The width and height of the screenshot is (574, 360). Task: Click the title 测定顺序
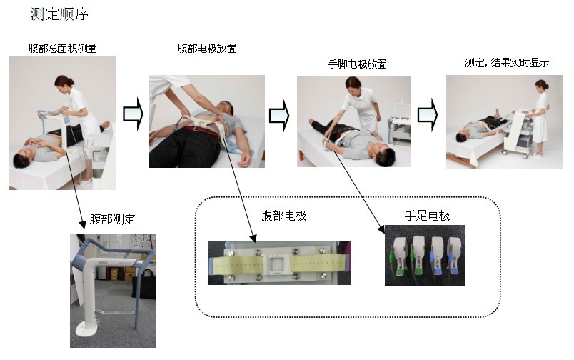pyautogui.click(x=59, y=14)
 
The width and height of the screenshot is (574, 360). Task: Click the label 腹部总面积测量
pyautogui.click(x=62, y=48)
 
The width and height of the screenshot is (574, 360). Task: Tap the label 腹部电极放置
pyautogui.click(x=207, y=48)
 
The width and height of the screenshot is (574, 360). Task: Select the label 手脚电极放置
pyautogui.click(x=357, y=64)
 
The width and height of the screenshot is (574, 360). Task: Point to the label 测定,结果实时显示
pyautogui.click(x=507, y=63)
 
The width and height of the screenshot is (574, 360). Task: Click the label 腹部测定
pyautogui.click(x=112, y=219)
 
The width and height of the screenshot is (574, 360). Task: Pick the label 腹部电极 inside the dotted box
pyautogui.click(x=283, y=216)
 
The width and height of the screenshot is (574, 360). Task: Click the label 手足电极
pyautogui.click(x=427, y=215)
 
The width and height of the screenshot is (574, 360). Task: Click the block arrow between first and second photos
pyautogui.click(x=133, y=114)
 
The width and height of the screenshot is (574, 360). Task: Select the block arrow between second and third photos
pyautogui.click(x=279, y=115)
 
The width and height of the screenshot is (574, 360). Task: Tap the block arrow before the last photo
pyautogui.click(x=428, y=114)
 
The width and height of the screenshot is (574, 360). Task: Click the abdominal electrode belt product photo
pyautogui.click(x=279, y=263)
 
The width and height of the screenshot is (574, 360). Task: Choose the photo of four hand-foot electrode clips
pyautogui.click(x=425, y=255)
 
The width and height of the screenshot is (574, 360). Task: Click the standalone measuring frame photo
pyautogui.click(x=113, y=291)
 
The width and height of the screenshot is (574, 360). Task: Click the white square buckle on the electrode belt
pyautogui.click(x=277, y=263)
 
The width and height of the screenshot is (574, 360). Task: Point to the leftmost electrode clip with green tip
pyautogui.click(x=399, y=255)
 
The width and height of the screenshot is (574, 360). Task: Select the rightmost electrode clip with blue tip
pyautogui.click(x=454, y=255)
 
